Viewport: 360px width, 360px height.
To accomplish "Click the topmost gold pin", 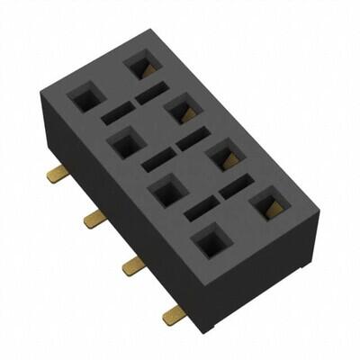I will [x=58, y=174].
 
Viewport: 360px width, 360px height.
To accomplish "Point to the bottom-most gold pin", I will [x=174, y=313].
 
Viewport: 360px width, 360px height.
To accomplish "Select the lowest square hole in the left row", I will [x=211, y=240].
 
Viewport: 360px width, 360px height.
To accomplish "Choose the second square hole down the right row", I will [x=180, y=110].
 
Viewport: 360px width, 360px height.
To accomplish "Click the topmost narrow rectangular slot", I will [x=151, y=93].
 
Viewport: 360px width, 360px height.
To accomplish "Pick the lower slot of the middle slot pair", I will [x=158, y=160].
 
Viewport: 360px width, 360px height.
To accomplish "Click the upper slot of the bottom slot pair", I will [x=236, y=187].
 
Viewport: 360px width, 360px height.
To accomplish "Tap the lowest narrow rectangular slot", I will [x=202, y=209].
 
